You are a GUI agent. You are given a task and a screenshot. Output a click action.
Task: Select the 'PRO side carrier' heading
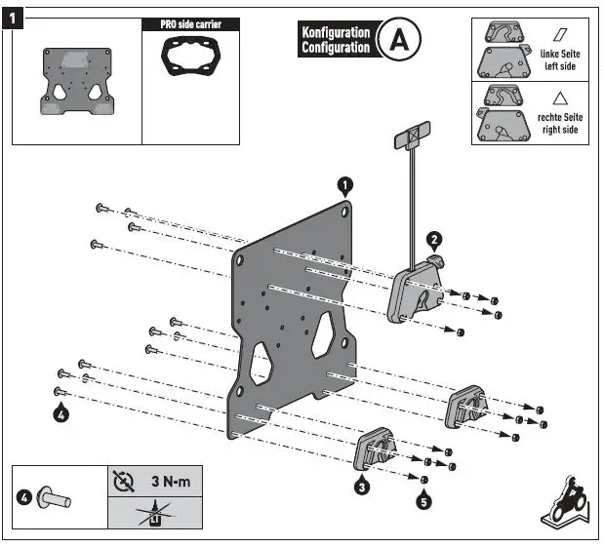pyautogui.click(x=190, y=24)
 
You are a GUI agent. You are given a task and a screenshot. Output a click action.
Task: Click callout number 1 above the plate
pyautogui.click(x=345, y=184)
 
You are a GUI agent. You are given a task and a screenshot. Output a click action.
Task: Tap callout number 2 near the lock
pyautogui.click(x=434, y=238)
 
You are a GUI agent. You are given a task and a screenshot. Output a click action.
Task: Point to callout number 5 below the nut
pyautogui.click(x=423, y=502)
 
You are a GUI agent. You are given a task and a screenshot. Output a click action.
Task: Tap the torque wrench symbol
pyautogui.click(x=122, y=481)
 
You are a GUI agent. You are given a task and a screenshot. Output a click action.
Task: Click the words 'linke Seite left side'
pyautogui.click(x=559, y=60)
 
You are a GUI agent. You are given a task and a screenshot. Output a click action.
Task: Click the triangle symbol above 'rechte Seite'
pyautogui.click(x=559, y=98)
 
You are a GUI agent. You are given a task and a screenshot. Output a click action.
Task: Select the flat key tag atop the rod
pyautogui.click(x=413, y=135)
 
